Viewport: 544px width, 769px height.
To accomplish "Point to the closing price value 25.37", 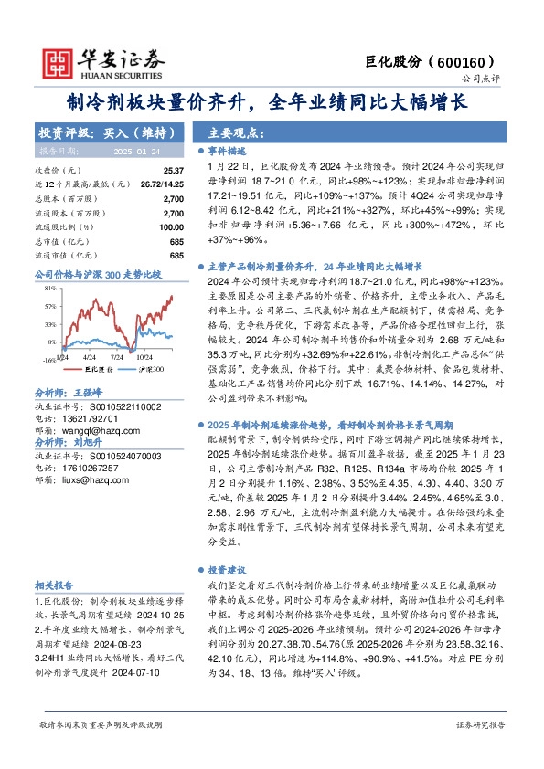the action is (173, 171).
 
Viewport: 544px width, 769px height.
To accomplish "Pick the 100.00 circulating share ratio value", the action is (170, 227).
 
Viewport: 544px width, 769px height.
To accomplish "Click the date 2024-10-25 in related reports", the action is (146, 616).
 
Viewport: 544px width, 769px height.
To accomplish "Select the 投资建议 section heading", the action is (229, 568).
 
